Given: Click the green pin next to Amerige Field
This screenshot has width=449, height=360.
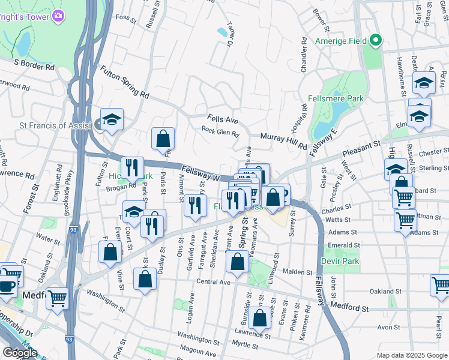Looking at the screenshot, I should (x=376, y=41).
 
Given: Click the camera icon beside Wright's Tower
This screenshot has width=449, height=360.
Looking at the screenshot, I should (x=58, y=16).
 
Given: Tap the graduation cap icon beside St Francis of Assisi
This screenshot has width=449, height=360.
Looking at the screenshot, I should (x=112, y=120).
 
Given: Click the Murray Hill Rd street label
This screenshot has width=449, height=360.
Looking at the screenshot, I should (x=283, y=142).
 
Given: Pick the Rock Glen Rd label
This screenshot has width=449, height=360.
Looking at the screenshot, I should (x=220, y=131).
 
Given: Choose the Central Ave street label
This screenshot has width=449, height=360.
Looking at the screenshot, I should (x=213, y=281).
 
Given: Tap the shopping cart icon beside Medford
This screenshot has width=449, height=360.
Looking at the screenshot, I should (x=57, y=298).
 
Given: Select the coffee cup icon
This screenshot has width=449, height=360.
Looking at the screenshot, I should (x=7, y=284).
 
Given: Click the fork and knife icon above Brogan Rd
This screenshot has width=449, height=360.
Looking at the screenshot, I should (x=132, y=167).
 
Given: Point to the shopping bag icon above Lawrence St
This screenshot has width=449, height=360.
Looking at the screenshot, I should (x=259, y=318).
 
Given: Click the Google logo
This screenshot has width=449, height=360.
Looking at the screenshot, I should (x=20, y=353).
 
